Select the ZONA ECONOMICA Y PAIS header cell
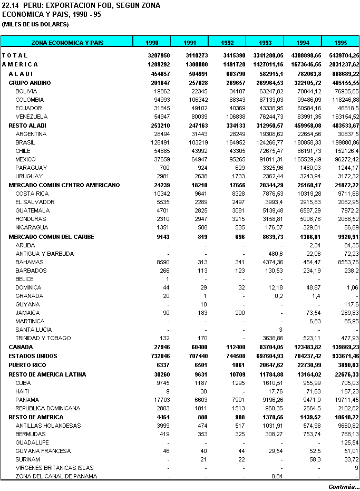click(67, 42)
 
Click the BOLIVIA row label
click(26, 91)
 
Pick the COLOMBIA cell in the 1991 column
click(194, 100)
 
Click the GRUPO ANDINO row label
click(30, 83)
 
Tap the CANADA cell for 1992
click(233, 347)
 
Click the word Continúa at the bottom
click(344, 487)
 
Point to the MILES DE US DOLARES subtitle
click(35, 24)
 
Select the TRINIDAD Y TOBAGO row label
click(43, 338)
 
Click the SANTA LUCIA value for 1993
click(281, 330)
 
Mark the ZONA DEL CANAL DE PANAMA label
click(56, 476)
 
